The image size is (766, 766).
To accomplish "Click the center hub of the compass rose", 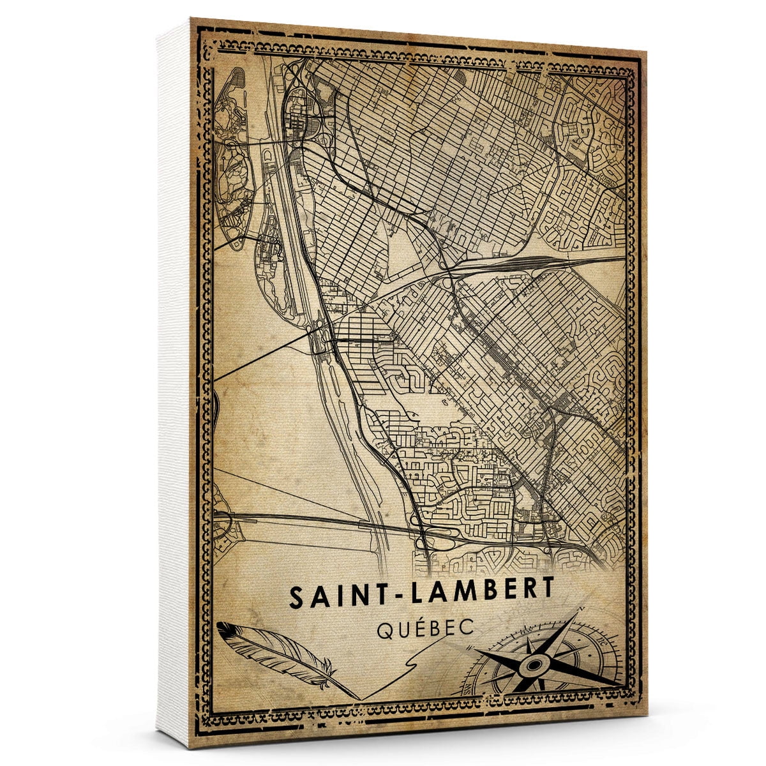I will pos(531,666).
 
